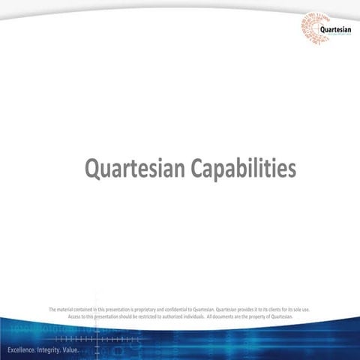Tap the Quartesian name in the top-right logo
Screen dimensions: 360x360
pyautogui.click(x=334, y=29)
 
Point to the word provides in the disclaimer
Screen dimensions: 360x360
pyautogui.click(x=248, y=309)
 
